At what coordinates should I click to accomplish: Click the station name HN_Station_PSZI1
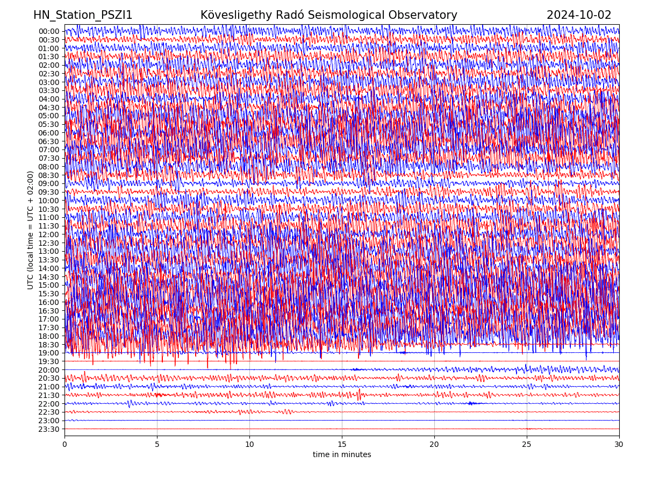[83, 15]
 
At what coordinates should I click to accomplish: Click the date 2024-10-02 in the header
[579, 15]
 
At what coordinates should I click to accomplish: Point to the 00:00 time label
[49, 31]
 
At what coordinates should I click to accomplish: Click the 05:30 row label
[49, 124]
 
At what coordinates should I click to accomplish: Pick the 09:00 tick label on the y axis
[49, 183]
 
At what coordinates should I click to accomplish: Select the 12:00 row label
[49, 234]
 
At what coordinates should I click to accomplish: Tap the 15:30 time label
[49, 294]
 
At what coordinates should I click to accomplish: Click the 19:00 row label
[49, 353]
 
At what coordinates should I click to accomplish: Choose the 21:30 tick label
[49, 395]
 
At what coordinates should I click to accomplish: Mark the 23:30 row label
[49, 429]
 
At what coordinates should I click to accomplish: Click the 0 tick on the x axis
[64, 445]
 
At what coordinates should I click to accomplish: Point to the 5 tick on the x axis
[157, 445]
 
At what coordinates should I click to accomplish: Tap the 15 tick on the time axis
[342, 445]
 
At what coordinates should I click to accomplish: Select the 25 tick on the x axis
[527, 445]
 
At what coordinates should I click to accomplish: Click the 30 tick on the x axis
[619, 445]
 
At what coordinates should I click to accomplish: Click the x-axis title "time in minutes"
[342, 455]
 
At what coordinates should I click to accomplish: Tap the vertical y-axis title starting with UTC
[31, 230]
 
